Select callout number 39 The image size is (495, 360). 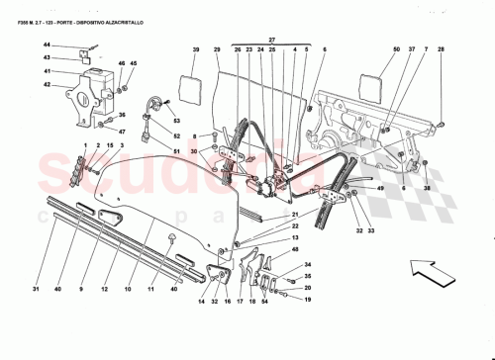196,48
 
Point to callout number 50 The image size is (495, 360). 368,48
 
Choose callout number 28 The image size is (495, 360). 443,48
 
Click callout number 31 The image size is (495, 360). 35,290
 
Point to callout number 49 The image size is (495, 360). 379,188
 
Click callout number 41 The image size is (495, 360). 47,70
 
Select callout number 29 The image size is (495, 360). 217,48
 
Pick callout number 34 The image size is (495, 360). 308,264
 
